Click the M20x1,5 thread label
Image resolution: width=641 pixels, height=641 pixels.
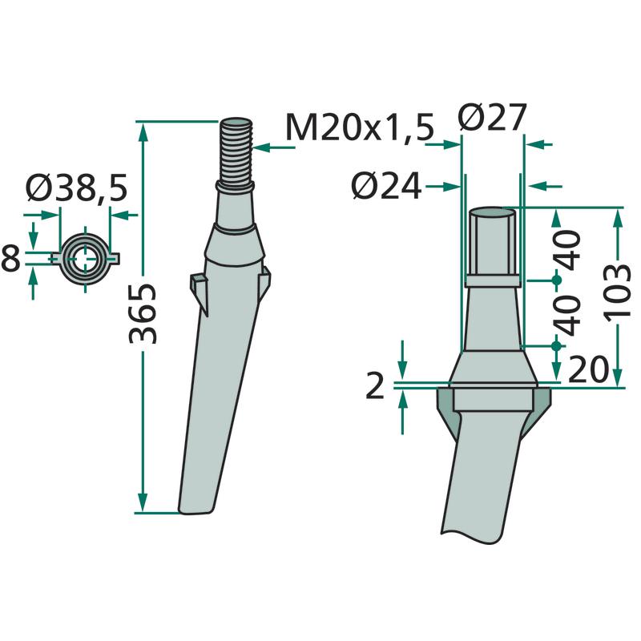tap(359, 127)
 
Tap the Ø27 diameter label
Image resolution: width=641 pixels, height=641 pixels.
tap(492, 117)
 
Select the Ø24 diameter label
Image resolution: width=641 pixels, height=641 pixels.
tap(386, 187)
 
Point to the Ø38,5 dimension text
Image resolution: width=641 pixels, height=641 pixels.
tap(77, 187)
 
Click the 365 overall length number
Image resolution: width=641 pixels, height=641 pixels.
tap(143, 313)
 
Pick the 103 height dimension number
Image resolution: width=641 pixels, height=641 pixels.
tap(617, 292)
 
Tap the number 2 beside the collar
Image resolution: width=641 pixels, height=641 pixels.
tap(375, 386)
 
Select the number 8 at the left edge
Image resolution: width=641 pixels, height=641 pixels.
tap(10, 258)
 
